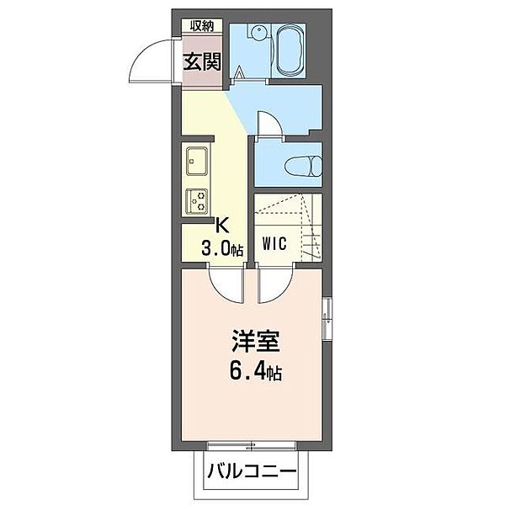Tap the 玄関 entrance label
tap(202, 62)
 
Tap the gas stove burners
tap(200, 200)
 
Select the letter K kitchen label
tap(223, 225)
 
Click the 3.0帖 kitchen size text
tap(222, 248)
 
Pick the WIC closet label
tap(275, 245)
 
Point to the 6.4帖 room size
tap(252, 370)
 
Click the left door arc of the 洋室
tap(226, 286)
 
